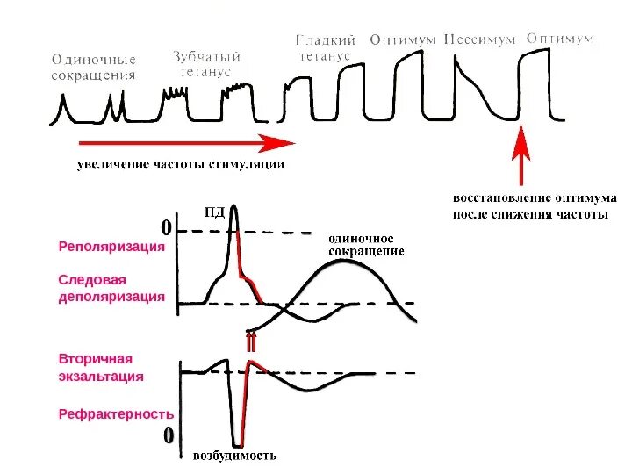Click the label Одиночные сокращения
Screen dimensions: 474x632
[94, 68]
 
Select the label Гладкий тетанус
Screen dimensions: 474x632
[324, 48]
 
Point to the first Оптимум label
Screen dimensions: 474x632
[404, 40]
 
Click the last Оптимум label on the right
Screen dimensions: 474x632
[559, 39]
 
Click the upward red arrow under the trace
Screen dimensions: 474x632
[522, 153]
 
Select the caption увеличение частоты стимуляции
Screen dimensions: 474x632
[181, 163]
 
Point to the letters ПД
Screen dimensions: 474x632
[215, 211]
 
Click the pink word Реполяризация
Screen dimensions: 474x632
[112, 247]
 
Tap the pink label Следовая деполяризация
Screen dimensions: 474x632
[111, 288]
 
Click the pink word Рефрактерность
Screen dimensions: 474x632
[116, 413]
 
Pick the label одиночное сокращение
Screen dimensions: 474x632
[366, 245]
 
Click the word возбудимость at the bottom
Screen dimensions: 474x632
[234, 456]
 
